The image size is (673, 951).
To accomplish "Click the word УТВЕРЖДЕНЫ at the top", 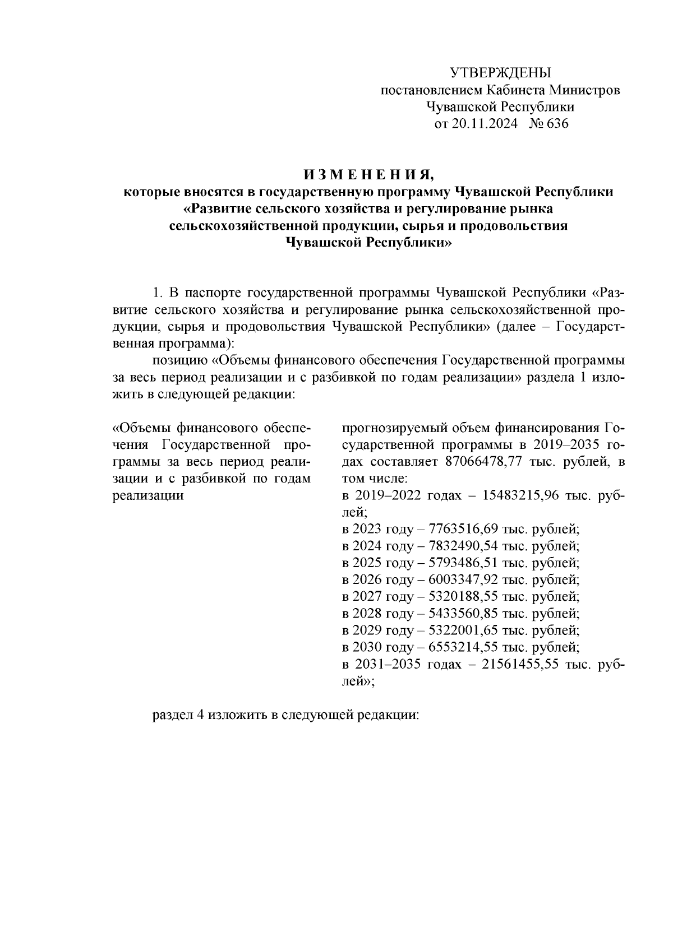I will point(501,73).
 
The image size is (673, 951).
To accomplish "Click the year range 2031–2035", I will point(388,664).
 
